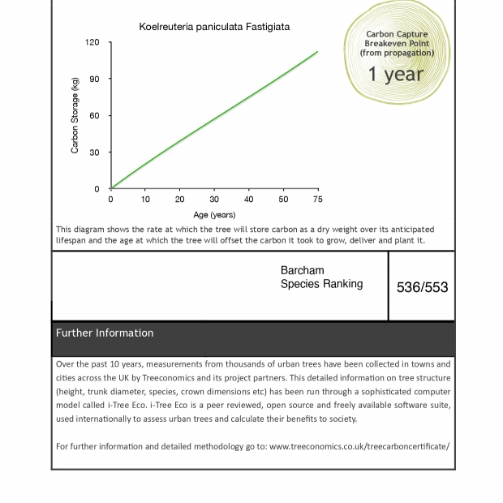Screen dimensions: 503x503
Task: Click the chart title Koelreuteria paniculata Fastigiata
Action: tap(214, 27)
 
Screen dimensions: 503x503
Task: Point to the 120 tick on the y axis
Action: tap(92, 42)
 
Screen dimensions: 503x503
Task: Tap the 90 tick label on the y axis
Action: tap(94, 79)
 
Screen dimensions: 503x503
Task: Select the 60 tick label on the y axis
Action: tap(94, 116)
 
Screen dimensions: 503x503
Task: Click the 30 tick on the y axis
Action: tap(94, 153)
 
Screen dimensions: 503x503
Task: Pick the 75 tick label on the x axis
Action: tap(317, 200)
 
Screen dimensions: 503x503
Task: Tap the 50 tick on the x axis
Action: tap(283, 200)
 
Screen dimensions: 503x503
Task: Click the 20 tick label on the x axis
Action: tap(179, 200)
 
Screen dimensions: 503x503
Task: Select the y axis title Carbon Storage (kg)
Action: tap(75, 115)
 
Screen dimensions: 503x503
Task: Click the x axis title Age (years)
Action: tap(214, 215)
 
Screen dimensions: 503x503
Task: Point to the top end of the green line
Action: tap(317, 52)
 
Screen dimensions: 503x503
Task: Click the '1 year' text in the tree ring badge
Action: tap(396, 75)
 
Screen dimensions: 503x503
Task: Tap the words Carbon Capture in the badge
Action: tap(397, 35)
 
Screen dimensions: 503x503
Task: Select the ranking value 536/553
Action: tap(422, 287)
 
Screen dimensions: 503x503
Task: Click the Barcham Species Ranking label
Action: tap(321, 277)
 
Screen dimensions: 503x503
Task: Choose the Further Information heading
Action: tap(105, 333)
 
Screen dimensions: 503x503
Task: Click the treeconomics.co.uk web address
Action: tap(359, 446)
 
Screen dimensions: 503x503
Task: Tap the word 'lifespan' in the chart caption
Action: tap(72, 240)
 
